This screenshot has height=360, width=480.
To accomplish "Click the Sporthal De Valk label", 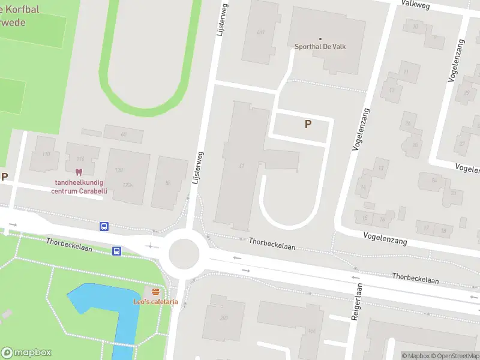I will click(320, 47).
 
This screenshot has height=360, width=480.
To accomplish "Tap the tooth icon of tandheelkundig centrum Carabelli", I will click(79, 173).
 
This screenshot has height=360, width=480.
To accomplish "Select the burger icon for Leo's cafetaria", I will click(155, 292).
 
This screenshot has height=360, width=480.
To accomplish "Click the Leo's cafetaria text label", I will click(155, 302).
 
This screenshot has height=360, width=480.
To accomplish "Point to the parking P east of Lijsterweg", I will click(308, 124).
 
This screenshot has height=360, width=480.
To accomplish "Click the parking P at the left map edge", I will click(4, 177).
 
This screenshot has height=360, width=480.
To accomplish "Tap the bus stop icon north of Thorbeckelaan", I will click(104, 226).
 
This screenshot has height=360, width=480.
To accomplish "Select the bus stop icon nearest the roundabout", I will click(117, 251).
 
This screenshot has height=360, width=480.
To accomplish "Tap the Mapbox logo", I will click(26, 352).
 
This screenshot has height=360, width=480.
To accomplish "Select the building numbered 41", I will click(241, 165).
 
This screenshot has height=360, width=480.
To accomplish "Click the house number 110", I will click(46, 155).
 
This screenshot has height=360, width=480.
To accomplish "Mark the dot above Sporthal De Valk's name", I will click(320, 38).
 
